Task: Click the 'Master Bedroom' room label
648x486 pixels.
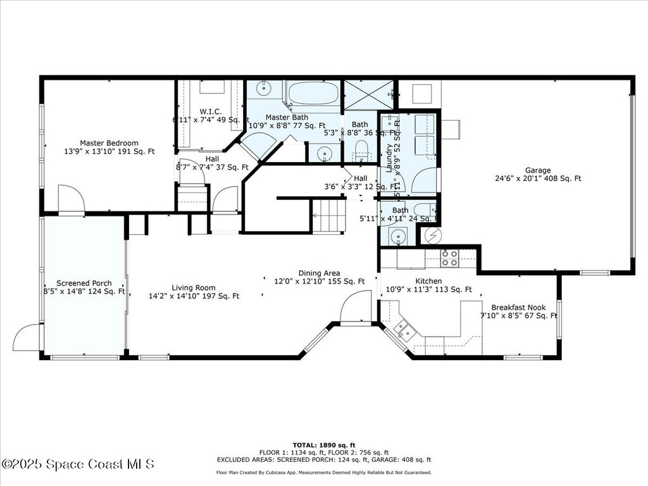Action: click(109, 143)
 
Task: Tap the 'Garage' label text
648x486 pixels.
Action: click(537, 170)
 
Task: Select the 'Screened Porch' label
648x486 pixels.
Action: click(84, 283)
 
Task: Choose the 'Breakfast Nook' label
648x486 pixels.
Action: click(518, 308)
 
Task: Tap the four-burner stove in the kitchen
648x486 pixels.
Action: click(449, 257)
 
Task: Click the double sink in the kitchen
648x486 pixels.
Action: click(402, 330)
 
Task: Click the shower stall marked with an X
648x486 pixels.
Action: click(363, 94)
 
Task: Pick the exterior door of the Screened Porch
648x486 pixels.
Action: click(27, 337)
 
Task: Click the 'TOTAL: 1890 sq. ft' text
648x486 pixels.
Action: click(324, 445)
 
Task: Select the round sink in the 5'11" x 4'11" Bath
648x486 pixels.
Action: click(399, 236)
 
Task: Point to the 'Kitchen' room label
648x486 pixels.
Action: click(428, 281)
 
